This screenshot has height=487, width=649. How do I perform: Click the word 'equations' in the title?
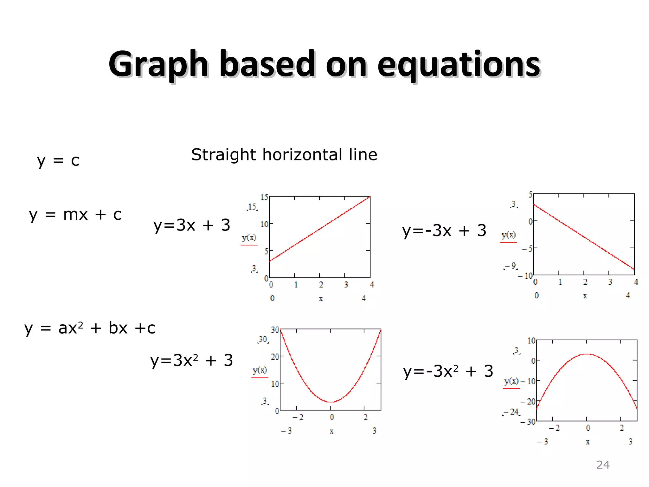tap(459, 65)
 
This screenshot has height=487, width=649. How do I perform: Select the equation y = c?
tap(58, 160)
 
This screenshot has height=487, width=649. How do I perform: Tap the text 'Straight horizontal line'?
tap(284, 155)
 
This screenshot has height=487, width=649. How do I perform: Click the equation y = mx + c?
tap(75, 215)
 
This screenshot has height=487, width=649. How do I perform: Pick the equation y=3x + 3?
tap(192, 225)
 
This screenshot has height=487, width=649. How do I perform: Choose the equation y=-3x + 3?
tap(444, 231)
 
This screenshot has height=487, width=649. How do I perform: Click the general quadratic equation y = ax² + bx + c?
tap(90, 328)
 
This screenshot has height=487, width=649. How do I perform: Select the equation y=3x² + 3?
tap(191, 360)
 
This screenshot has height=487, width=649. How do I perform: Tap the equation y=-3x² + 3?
tap(448, 371)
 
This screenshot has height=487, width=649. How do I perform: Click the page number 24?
tap(603, 465)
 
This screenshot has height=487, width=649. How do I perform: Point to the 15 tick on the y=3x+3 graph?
tap(264, 197)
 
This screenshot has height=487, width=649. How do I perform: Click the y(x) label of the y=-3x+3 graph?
tap(508, 235)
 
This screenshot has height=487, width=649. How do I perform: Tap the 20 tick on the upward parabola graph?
tap(275, 357)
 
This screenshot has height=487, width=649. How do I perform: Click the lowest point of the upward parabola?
tap(331, 402)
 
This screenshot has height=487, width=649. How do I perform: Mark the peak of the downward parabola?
tap(587, 354)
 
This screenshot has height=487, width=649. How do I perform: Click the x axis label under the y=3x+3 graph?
tap(321, 299)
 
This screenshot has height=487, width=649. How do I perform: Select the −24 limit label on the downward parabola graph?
tap(512, 412)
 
